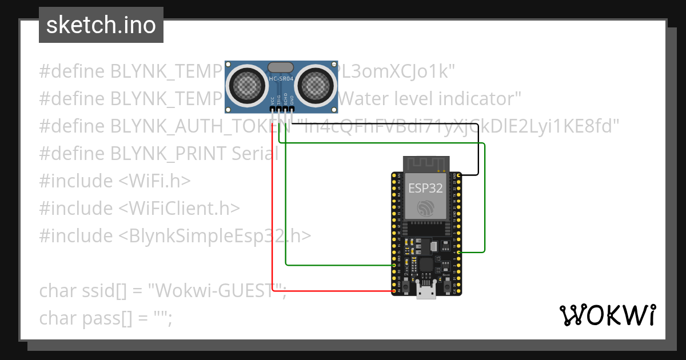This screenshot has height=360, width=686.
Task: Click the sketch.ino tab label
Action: [101, 25]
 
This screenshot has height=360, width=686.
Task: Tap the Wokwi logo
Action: [607, 315]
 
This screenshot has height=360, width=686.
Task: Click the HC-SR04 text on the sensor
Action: [281, 78]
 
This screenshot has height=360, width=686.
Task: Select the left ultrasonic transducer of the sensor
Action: [247, 85]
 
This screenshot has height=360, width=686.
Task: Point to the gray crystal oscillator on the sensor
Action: [281, 67]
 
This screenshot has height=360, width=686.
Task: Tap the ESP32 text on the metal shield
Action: [425, 189]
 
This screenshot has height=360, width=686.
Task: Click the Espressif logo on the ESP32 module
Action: [425, 209]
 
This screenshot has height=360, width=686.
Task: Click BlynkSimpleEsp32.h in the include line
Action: [215, 235]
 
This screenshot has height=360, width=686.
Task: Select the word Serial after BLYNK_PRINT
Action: [255, 153]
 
